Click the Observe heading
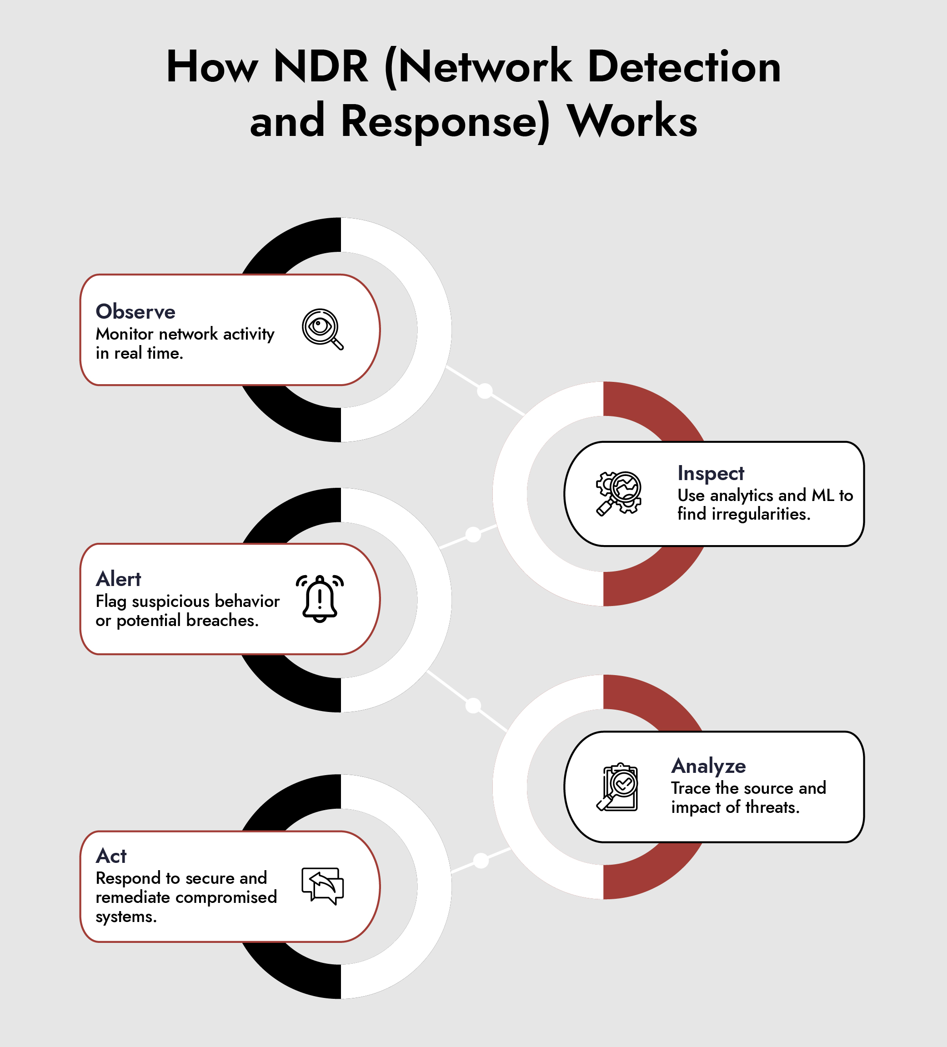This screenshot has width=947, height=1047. click(x=135, y=311)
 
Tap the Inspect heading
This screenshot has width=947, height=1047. click(x=711, y=473)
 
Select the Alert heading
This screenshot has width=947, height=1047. click(x=119, y=579)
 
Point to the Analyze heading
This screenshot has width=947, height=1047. click(x=709, y=766)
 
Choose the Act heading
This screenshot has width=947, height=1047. click(x=111, y=856)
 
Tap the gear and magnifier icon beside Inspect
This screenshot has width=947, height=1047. click(x=618, y=493)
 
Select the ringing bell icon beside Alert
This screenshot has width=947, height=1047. click(x=320, y=598)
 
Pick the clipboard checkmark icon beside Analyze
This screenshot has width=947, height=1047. click(x=618, y=787)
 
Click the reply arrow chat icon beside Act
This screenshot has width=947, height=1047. click(x=323, y=886)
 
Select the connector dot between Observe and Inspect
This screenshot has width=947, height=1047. click(x=485, y=391)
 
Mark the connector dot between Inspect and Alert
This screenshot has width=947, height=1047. click(x=473, y=534)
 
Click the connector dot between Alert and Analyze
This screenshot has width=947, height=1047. click(x=473, y=706)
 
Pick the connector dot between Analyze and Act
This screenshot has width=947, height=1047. click(x=481, y=861)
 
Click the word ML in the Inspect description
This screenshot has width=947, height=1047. click(x=823, y=496)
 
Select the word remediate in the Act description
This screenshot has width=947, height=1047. click(x=132, y=897)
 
